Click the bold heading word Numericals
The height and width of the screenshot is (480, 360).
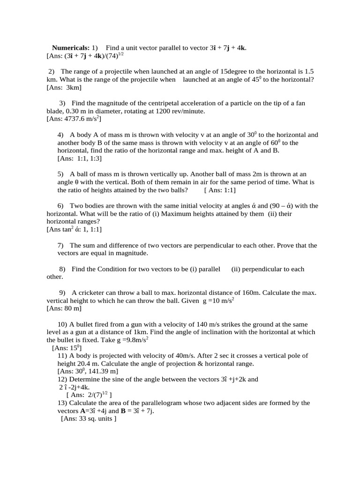click(x=70, y=48)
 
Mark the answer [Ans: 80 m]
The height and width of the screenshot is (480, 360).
click(x=64, y=308)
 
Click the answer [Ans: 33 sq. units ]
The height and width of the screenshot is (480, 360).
click(x=89, y=419)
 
